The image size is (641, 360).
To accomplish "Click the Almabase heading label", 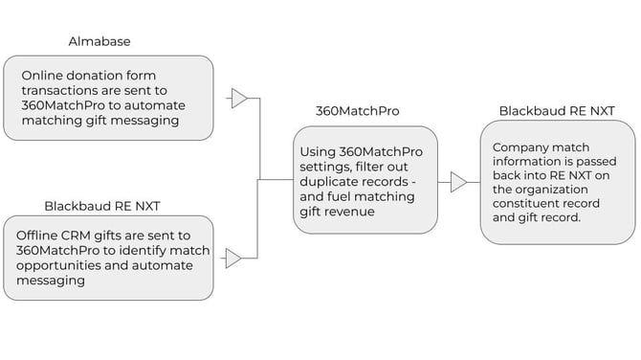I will pyautogui.click(x=99, y=42).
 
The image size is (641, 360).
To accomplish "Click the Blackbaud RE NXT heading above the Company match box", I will pyautogui.click(x=556, y=111).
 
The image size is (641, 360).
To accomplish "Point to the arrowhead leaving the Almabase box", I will pyautogui.click(x=239, y=98).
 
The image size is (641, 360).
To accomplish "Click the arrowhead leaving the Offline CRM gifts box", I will pyautogui.click(x=233, y=258).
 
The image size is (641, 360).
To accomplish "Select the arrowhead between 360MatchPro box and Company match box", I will pyautogui.click(x=458, y=182).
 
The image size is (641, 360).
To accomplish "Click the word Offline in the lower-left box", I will pyautogui.click(x=43, y=236).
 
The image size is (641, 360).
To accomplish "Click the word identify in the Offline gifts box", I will pyautogui.click(x=157, y=251).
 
